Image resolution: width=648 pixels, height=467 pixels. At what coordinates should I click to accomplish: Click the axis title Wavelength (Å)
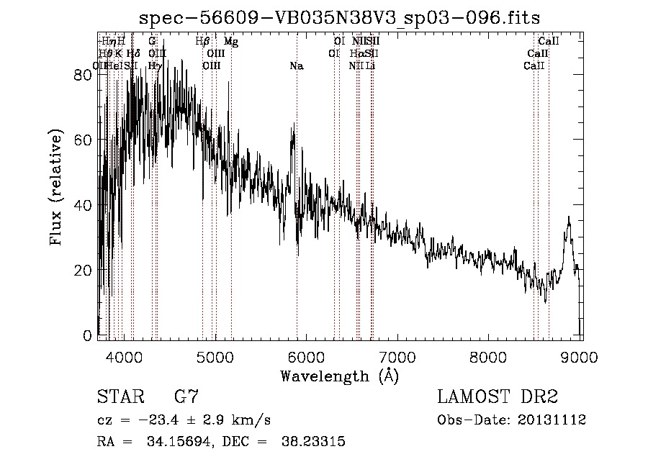340,376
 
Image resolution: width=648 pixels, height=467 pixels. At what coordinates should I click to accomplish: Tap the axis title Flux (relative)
56,189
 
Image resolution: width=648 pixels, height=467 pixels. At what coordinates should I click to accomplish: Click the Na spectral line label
296,66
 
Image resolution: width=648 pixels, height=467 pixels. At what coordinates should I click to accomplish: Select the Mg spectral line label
230,42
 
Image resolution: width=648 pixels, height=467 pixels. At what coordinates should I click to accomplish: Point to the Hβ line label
202,42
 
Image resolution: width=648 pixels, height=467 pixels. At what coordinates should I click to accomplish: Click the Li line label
370,66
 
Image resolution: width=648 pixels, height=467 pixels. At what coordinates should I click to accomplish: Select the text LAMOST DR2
498,396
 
